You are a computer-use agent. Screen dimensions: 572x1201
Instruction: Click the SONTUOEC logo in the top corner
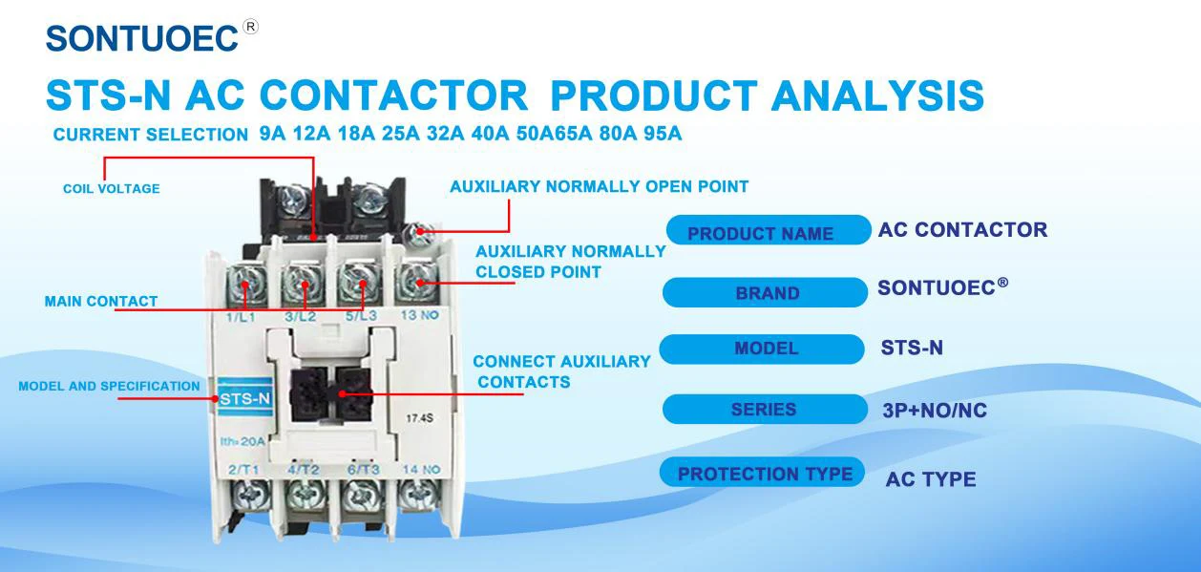pos(141,37)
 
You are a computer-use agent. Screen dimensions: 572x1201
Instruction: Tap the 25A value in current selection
pos(401,134)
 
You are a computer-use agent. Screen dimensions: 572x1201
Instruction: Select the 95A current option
pos(663,134)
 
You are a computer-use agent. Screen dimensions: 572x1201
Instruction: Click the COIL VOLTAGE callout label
pos(111,189)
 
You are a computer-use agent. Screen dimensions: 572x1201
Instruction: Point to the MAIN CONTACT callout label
pos(101,302)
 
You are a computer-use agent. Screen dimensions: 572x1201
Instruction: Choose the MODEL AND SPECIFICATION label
pos(109,387)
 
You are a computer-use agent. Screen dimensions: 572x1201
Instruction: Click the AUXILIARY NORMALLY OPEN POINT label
pos(599,187)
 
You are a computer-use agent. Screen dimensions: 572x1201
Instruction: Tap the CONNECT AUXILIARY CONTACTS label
pos(561,372)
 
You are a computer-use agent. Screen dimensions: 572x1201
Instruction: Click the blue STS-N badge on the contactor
pos(244,399)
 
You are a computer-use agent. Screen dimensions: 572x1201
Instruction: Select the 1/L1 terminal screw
pos(245,284)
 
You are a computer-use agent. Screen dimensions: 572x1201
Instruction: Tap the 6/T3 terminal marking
pos(363,469)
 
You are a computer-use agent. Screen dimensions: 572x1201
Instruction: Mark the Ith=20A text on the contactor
pos(242,441)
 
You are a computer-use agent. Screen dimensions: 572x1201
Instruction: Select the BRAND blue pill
pos(766,293)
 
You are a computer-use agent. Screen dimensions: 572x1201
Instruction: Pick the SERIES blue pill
pos(763,410)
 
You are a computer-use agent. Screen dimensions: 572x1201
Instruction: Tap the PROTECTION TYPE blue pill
pos(764,474)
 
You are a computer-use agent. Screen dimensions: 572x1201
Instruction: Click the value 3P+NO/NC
pos(935,412)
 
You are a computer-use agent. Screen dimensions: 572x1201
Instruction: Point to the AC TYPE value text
pos(930,479)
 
